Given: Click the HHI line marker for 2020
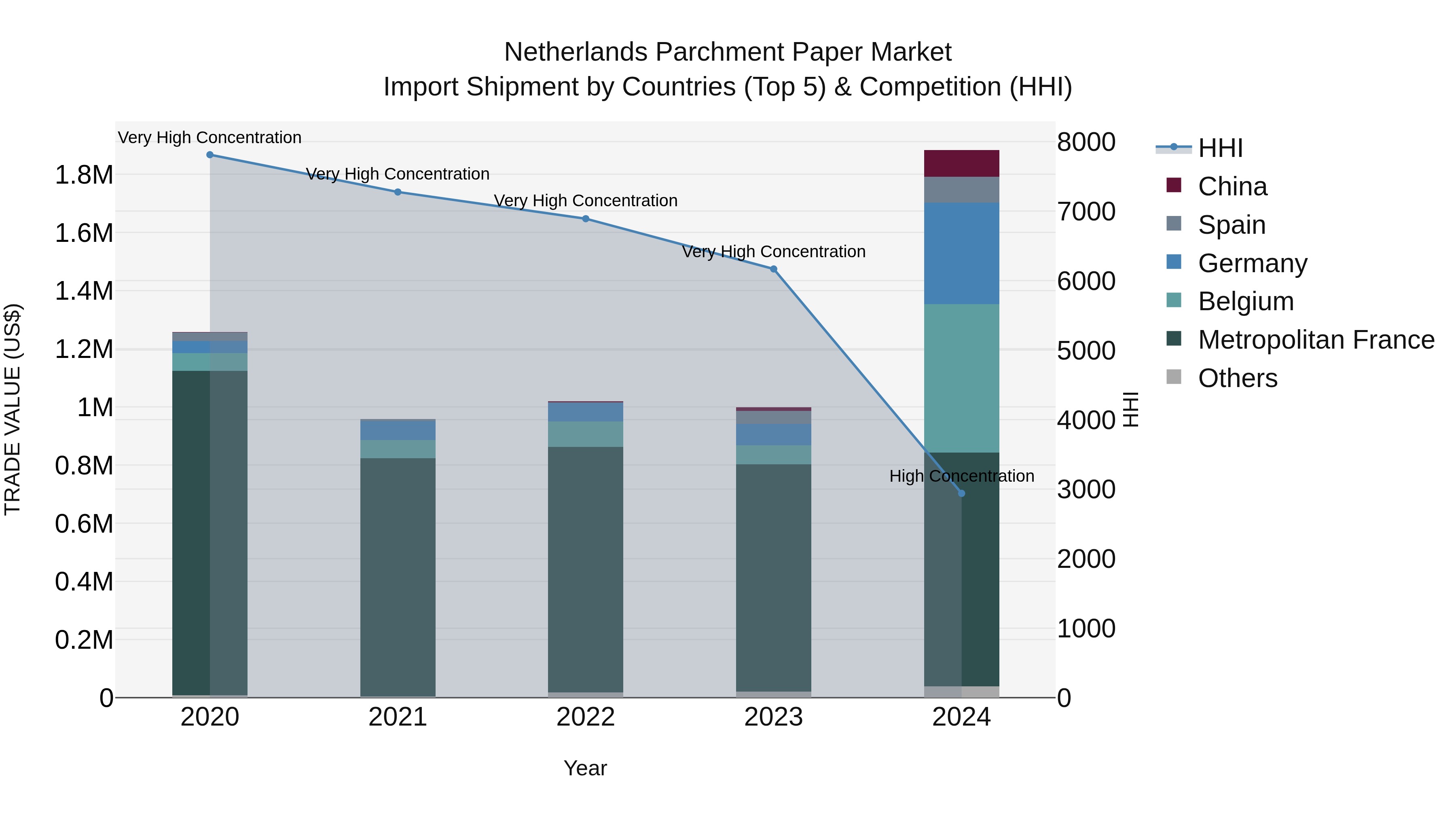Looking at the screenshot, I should click(210, 155).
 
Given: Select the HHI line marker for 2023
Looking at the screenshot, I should click(774, 269).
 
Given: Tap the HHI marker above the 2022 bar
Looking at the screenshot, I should click(586, 219).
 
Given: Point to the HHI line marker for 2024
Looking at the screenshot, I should click(961, 493).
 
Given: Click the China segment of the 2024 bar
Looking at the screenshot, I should click(961, 163).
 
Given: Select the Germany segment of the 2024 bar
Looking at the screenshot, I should click(961, 253).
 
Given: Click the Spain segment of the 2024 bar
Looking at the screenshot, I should click(961, 190).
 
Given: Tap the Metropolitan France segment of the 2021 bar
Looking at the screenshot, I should click(398, 576).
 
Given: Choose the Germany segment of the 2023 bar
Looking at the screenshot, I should click(774, 435).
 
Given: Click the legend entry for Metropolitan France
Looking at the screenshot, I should click(1316, 340).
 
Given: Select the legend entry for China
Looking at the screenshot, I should click(1232, 186).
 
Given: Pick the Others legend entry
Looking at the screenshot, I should click(1237, 378).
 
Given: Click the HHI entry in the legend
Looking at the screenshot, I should click(1220, 148).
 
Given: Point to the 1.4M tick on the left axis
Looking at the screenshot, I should click(84, 291).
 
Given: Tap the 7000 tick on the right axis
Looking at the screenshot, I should click(1086, 212).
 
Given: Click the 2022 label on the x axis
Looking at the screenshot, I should click(586, 717).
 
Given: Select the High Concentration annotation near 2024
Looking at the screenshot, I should click(961, 476).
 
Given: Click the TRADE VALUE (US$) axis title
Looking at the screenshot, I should click(13, 409).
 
